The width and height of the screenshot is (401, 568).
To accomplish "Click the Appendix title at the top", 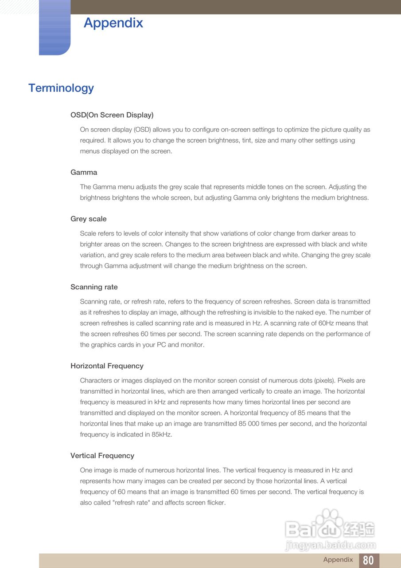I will (113, 23).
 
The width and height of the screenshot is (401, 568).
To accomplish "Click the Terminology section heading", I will (61, 88).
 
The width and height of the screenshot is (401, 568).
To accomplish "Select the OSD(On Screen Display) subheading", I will (112, 115).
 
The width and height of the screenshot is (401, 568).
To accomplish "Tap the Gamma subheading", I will (84, 172).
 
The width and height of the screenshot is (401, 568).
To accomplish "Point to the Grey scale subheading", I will (89, 219).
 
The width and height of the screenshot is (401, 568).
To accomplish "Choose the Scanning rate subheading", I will (94, 287).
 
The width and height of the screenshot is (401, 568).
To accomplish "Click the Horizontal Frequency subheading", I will (107, 366).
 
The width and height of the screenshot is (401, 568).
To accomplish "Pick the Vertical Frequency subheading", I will (102, 455).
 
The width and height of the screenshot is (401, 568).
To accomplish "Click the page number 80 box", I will (369, 560).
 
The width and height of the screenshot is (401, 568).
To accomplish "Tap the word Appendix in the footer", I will (338, 560).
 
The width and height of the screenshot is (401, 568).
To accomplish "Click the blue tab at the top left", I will (55, 28).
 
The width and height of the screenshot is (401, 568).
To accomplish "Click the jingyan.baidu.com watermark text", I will (331, 545).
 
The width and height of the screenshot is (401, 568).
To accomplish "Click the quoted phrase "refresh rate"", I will (132, 503).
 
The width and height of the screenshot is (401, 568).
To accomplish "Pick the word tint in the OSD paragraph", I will (248, 140).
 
